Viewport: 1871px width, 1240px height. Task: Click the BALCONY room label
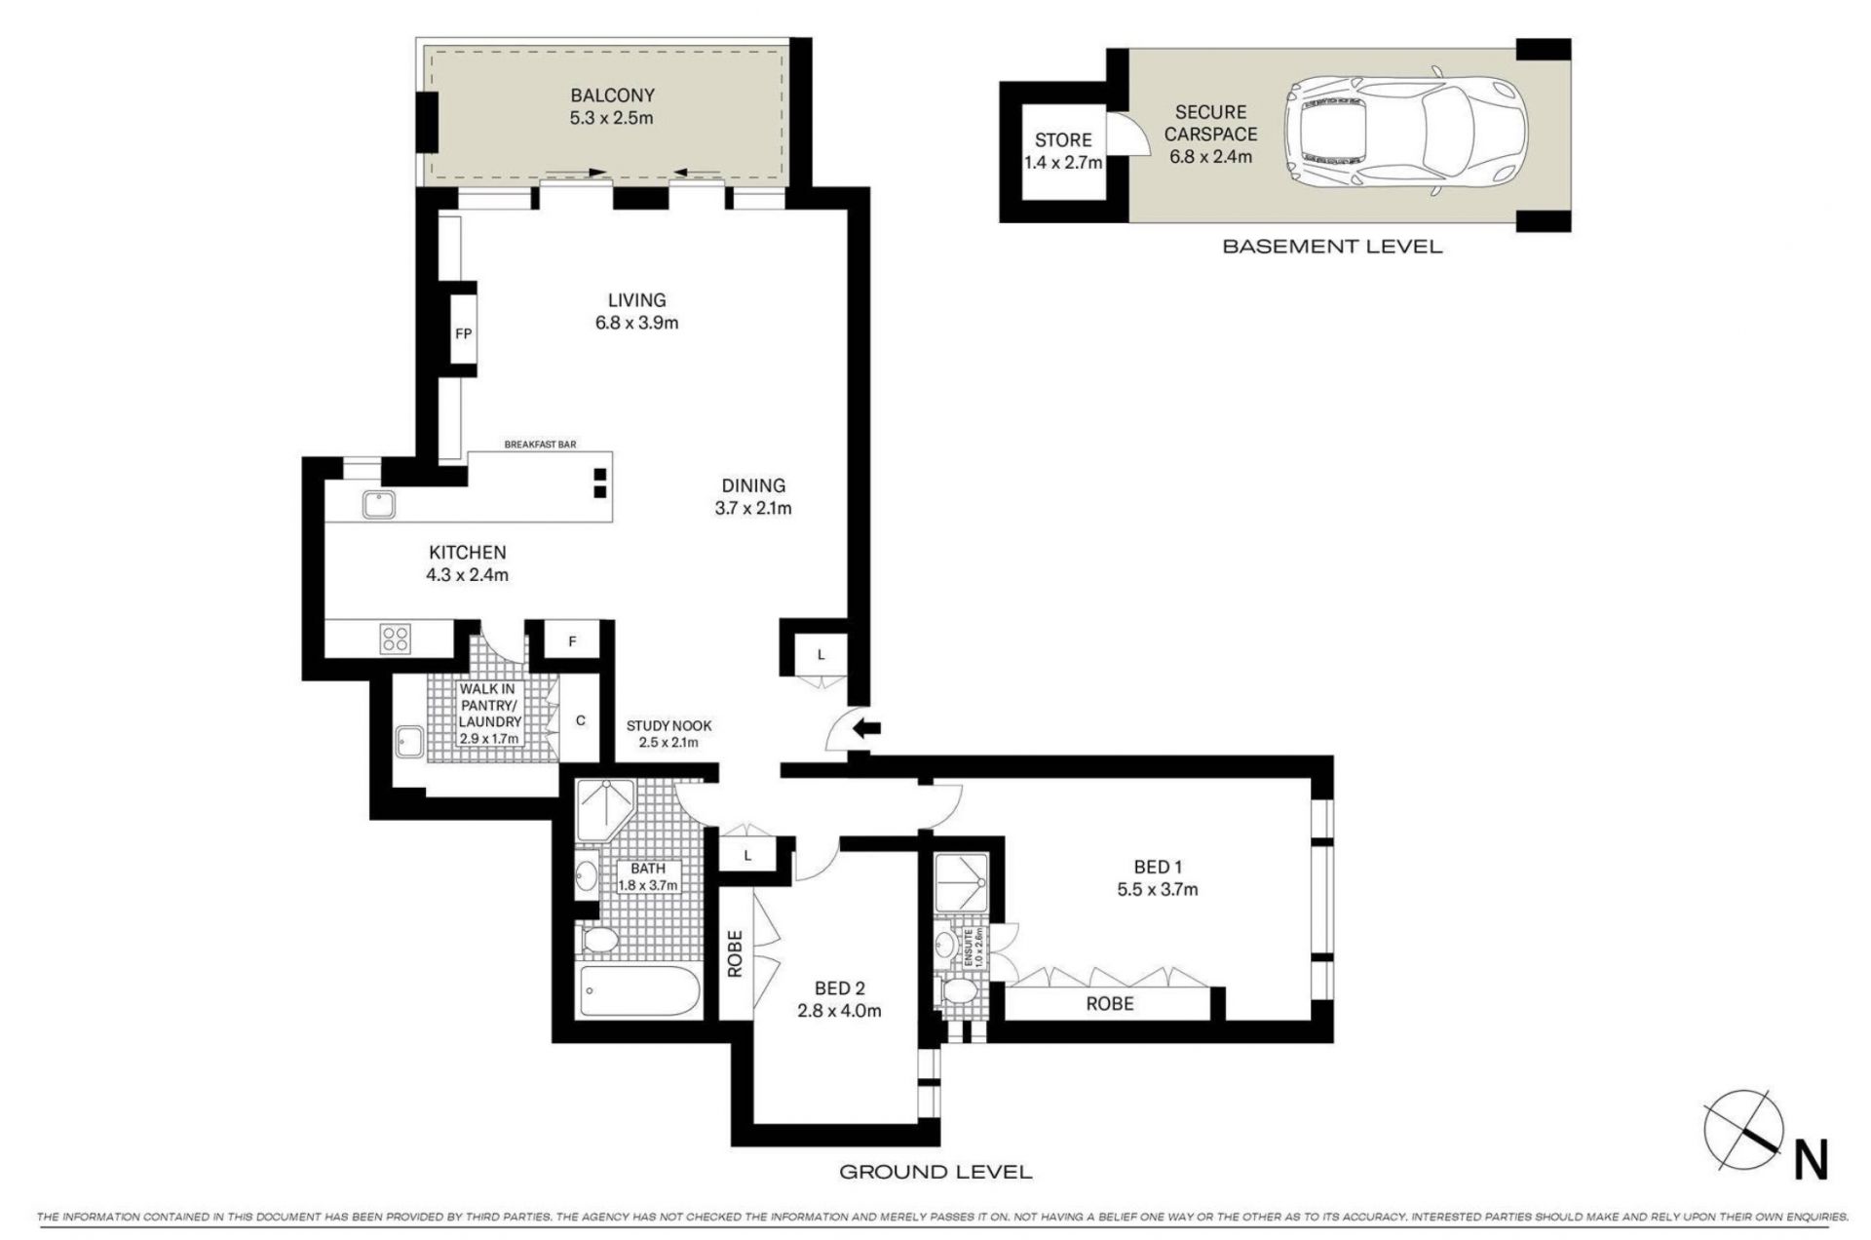click(612, 96)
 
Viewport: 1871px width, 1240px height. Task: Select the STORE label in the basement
click(1063, 140)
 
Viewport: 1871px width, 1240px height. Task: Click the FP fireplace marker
click(464, 333)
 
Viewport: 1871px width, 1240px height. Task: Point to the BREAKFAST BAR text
click(540, 445)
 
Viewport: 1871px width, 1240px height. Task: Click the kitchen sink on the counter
click(378, 504)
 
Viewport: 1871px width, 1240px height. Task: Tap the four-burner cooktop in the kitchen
click(396, 639)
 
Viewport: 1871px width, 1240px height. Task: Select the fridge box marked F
click(572, 641)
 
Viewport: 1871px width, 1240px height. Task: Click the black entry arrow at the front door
click(868, 727)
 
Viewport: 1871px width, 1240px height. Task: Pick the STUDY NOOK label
click(668, 726)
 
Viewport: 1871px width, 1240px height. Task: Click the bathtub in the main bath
click(638, 990)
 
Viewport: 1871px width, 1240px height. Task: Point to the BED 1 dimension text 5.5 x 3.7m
click(1158, 889)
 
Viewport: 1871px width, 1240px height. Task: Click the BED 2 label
click(839, 988)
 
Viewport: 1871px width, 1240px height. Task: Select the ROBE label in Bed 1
click(1110, 1003)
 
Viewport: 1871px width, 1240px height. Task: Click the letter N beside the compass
click(1811, 1160)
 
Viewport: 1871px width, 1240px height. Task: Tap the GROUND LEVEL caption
click(935, 1172)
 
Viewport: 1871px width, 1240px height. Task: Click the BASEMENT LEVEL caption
click(1332, 247)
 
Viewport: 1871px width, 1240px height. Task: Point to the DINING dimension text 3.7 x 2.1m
click(753, 508)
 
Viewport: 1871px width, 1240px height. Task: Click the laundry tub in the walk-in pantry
click(408, 741)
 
